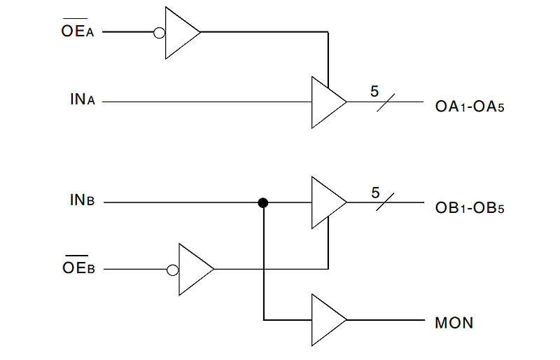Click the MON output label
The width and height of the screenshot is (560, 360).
[x=454, y=323]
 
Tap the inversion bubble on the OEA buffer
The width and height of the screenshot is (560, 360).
[x=160, y=32]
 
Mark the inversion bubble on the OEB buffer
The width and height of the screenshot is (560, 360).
[x=173, y=269]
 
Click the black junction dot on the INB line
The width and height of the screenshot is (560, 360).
[x=263, y=203]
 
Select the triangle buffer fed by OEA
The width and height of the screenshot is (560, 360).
[x=181, y=32]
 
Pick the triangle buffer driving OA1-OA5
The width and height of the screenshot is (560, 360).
[x=327, y=102]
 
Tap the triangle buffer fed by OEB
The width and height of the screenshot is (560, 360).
[x=195, y=269]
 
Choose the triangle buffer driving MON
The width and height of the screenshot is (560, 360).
[x=327, y=320]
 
